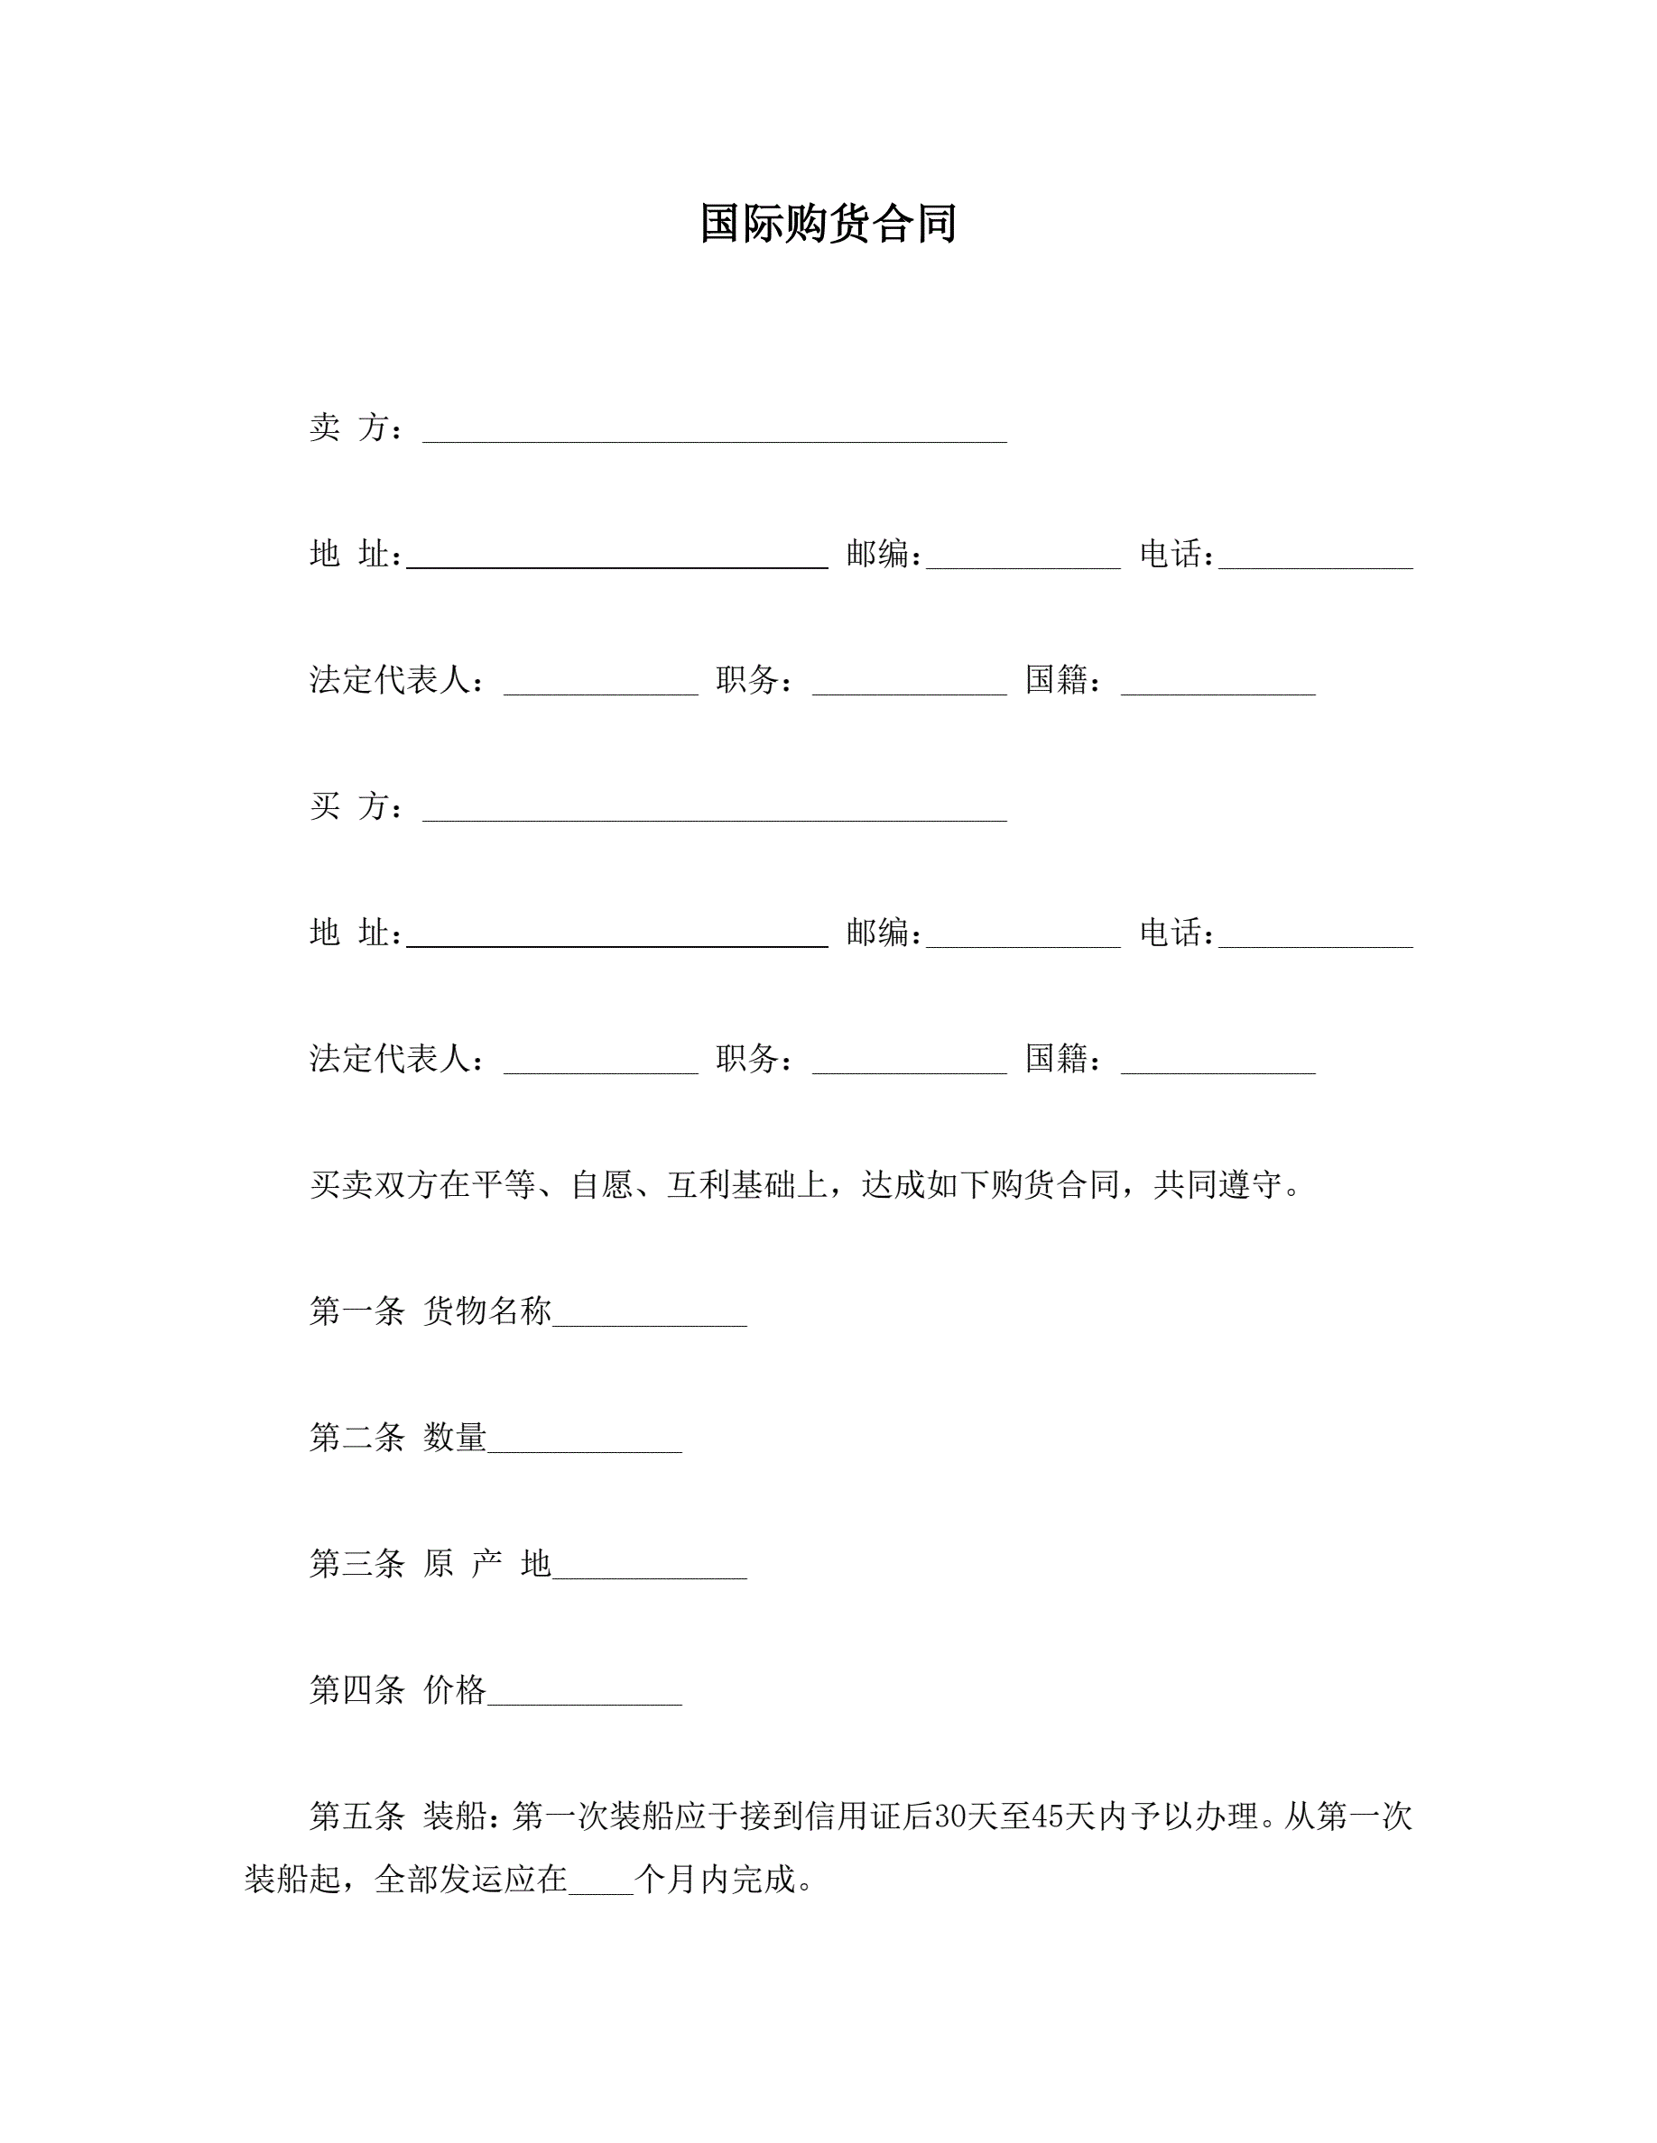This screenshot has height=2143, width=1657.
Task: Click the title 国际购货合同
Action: [828, 224]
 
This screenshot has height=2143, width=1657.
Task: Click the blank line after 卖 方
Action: [714, 434]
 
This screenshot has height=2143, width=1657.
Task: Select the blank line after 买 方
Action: [714, 813]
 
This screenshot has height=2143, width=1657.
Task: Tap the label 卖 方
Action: [356, 428]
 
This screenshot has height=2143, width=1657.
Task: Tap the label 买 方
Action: [356, 806]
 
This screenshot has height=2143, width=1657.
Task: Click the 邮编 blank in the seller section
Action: [1022, 560]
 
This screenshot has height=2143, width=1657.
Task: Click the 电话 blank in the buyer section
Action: [1314, 939]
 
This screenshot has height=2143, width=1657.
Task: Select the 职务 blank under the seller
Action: [909, 687]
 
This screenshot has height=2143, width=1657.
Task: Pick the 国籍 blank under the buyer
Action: [1217, 1065]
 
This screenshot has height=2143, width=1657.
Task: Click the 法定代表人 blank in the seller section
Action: [600, 687]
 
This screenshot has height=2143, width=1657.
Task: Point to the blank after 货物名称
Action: [649, 1318]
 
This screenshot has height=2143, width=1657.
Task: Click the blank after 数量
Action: [584, 1444]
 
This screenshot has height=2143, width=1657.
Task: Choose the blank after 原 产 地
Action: [649, 1570]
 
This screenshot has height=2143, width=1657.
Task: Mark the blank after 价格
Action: [584, 1697]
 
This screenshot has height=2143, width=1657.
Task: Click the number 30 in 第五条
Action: [950, 1817]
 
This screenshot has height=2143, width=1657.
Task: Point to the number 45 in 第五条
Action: [1049, 1817]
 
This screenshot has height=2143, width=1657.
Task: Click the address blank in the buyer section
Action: [616, 939]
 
